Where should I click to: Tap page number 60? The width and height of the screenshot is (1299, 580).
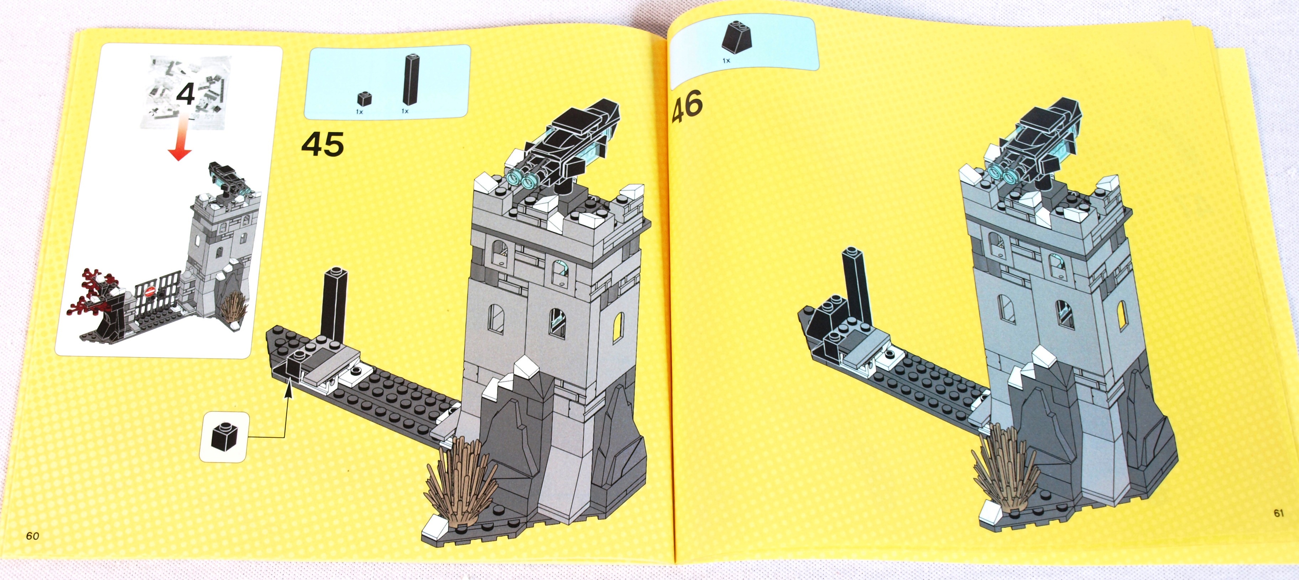tap(32, 535)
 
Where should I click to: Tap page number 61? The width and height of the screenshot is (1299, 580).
tap(1278, 513)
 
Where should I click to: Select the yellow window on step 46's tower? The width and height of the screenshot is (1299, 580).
tap(1122, 315)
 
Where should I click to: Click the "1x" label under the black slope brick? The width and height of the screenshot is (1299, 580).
tap(726, 61)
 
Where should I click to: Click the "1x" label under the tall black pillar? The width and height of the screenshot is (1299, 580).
tap(405, 110)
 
